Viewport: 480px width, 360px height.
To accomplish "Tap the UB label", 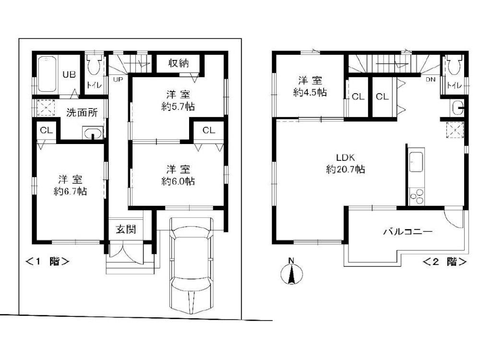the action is [69, 74].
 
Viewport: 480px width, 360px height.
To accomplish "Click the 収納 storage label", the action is [178, 63].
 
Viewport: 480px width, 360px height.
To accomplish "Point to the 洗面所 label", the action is [82, 112].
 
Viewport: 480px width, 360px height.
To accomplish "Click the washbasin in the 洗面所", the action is [93, 133].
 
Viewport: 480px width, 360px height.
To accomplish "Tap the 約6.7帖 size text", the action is [70, 192].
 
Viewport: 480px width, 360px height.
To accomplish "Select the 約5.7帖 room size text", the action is [178, 107].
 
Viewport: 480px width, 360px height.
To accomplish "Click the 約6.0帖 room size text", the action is [178, 181].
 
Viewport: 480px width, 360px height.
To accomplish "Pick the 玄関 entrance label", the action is [126, 229].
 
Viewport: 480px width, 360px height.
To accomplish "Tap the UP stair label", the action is [118, 79].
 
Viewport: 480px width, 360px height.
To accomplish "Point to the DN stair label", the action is [431, 79].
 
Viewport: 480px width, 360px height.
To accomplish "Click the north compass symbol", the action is [291, 272].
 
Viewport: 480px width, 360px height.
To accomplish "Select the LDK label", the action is [345, 157].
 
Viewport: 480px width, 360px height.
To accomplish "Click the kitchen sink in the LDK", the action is [416, 162].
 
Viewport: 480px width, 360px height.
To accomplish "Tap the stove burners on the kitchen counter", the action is [416, 197].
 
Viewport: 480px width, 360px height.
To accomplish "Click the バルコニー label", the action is [408, 231].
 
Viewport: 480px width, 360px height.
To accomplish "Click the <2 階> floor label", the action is [445, 262].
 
